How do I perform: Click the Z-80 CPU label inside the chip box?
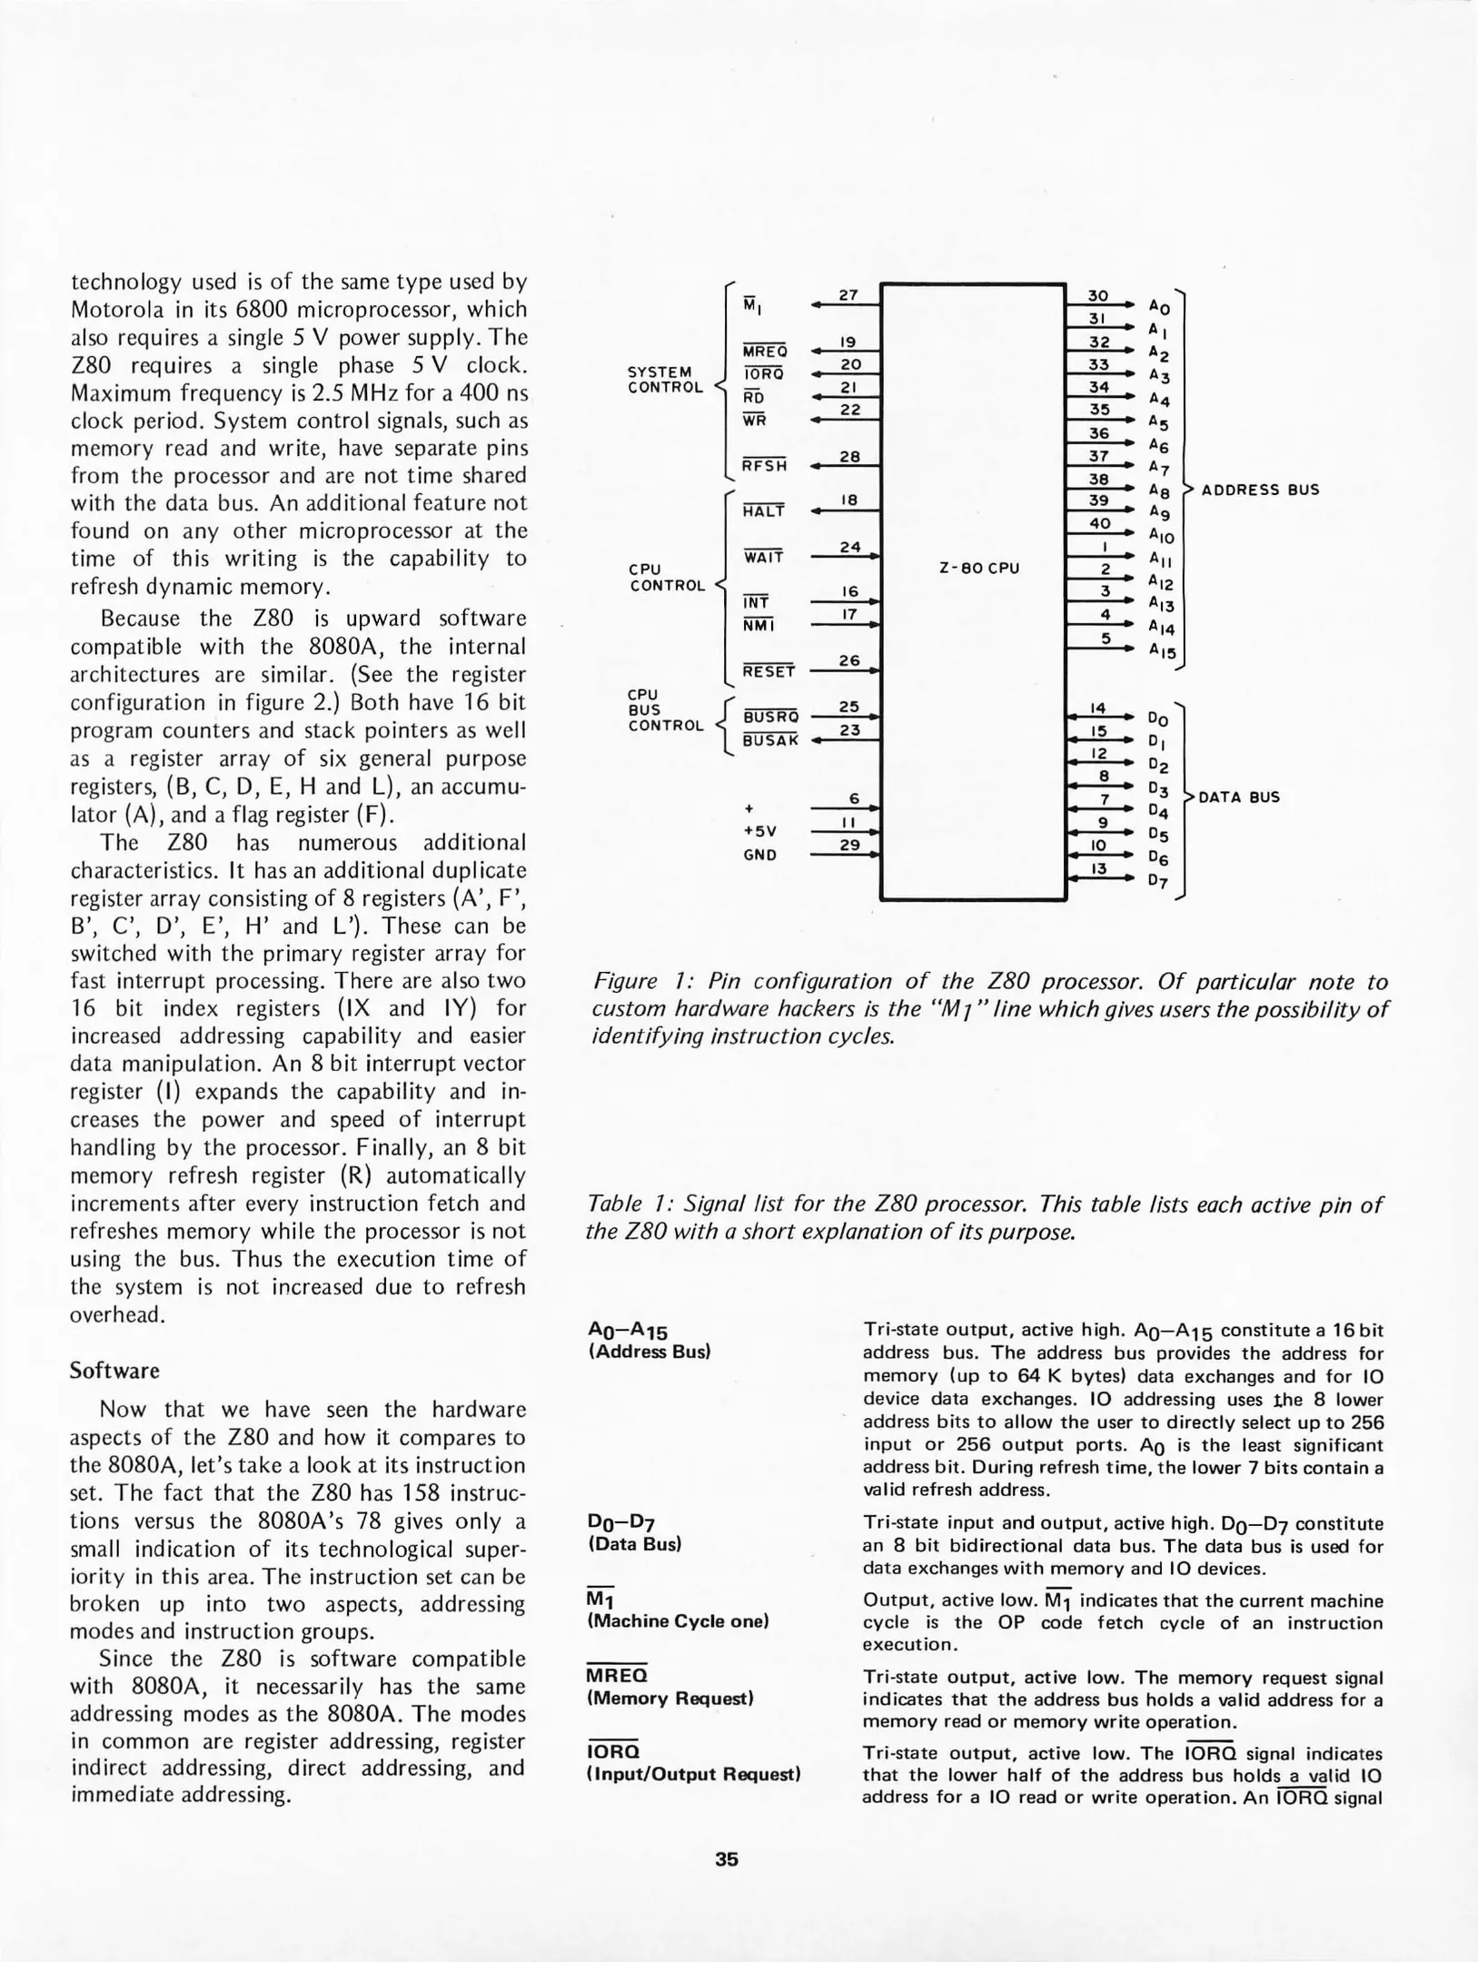coord(978,569)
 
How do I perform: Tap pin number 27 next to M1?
coord(848,295)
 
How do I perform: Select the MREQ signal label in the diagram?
coord(765,352)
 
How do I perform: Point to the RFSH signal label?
coord(764,466)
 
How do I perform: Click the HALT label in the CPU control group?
coord(763,511)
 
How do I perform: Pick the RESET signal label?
coord(769,672)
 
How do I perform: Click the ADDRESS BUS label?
coord(1260,490)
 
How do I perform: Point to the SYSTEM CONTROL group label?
coord(665,380)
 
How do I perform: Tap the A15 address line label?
coord(1162,651)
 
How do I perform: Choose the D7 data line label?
coord(1157,880)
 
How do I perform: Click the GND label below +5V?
coord(759,855)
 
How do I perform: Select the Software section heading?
coord(114,1371)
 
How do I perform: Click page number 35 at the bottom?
coord(726,1859)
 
